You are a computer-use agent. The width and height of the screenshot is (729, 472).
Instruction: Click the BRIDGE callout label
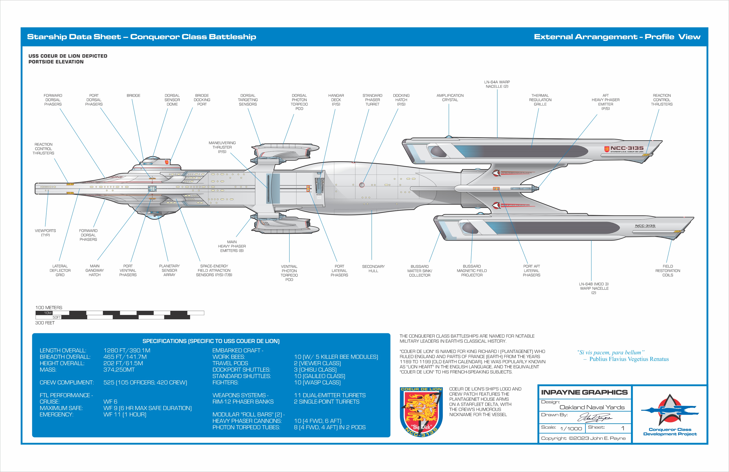134,96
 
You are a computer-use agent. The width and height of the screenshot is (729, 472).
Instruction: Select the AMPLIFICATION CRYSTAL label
450,98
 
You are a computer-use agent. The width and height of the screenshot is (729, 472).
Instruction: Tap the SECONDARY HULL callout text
373,268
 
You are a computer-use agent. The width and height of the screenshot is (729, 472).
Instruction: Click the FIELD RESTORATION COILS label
668,271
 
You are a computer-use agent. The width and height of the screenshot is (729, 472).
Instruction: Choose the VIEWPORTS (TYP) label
45,233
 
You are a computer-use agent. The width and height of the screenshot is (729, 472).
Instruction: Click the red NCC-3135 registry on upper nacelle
627,148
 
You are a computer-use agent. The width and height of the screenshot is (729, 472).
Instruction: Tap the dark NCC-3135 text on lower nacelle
645,226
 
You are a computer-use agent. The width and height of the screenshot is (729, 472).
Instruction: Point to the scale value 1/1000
571,428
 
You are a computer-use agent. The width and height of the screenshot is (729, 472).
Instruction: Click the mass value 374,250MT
119,370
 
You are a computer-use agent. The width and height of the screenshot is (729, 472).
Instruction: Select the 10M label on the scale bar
48,313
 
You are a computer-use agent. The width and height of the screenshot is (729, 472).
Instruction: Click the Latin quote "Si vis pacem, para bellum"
610,353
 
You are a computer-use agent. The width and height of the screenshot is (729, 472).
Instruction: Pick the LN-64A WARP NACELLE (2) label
497,84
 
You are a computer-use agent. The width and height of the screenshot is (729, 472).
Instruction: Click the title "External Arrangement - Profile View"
617,37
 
